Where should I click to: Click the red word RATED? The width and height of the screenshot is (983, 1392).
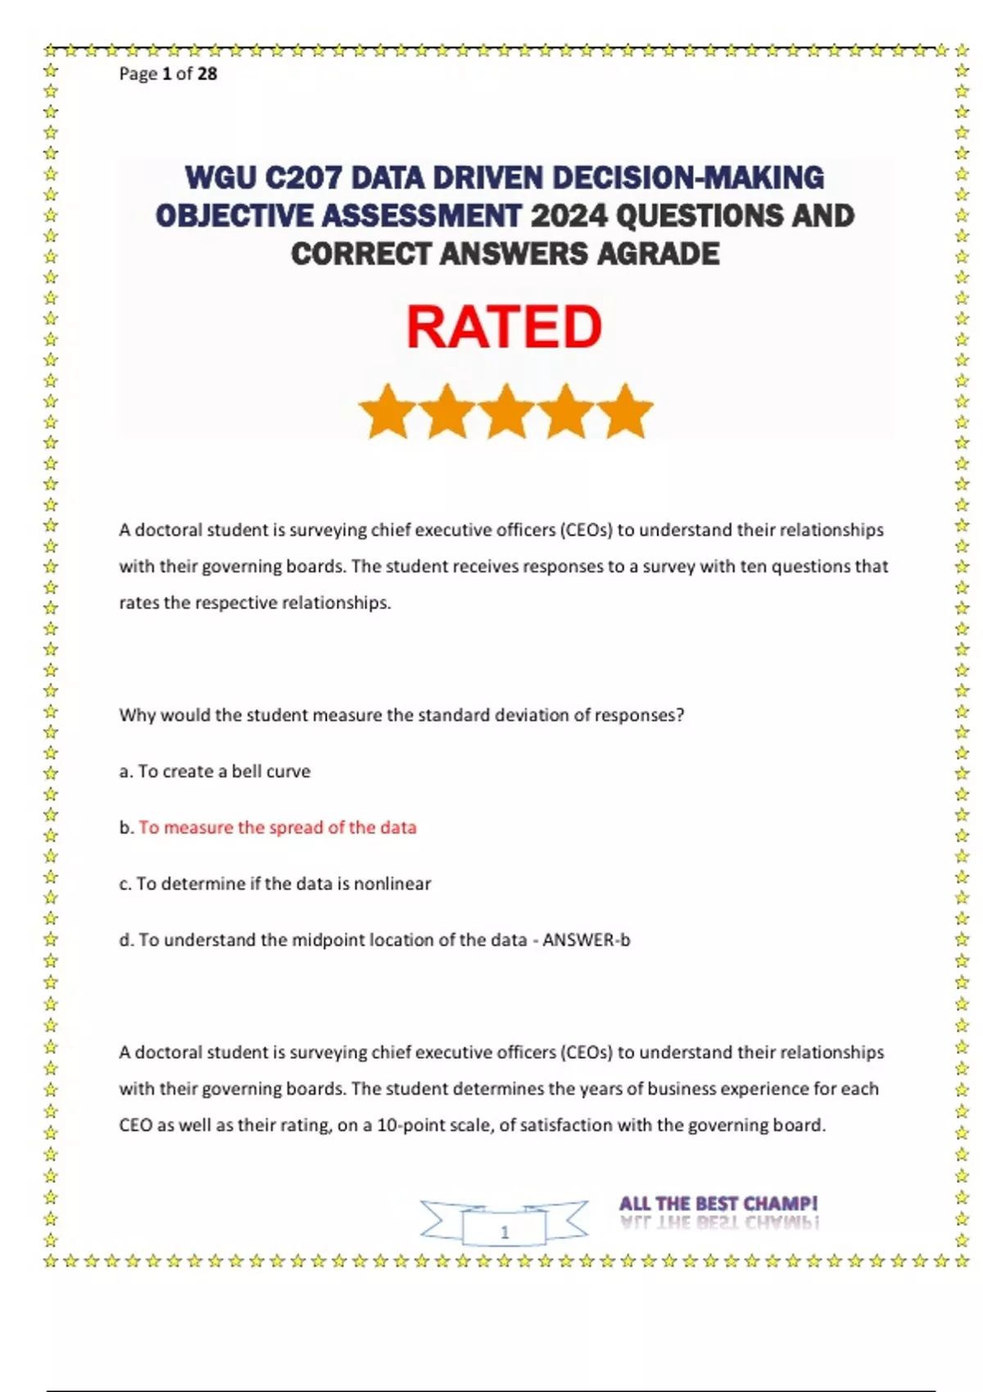(504, 327)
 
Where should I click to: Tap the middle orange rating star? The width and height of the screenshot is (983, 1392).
(506, 411)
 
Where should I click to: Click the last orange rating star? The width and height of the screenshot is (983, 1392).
(626, 411)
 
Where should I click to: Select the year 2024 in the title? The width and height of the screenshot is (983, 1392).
(569, 216)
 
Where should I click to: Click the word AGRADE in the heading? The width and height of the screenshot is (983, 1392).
(658, 254)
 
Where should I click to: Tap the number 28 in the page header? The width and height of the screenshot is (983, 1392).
(207, 74)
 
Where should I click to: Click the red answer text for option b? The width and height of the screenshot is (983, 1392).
(277, 828)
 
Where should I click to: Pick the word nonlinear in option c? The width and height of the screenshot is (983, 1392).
(392, 884)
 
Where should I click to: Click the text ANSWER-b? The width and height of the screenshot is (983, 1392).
(587, 940)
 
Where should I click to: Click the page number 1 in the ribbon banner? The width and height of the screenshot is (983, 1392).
(505, 1232)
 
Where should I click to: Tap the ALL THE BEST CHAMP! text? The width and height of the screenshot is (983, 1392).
(718, 1204)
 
